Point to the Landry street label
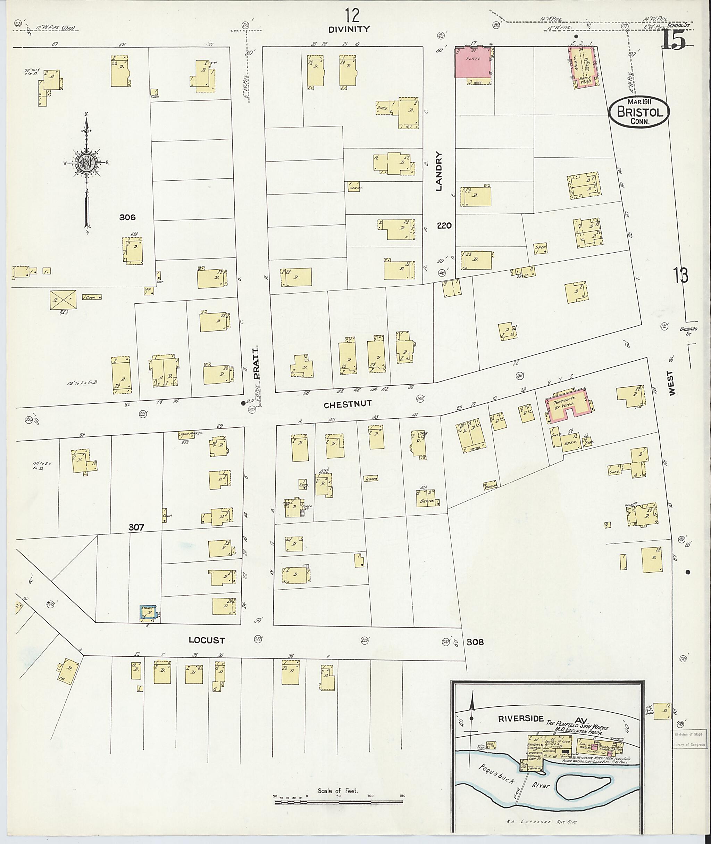[x=439, y=171]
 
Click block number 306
[x=127, y=218]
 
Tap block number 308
[x=475, y=641]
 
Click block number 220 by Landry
[x=444, y=226]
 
